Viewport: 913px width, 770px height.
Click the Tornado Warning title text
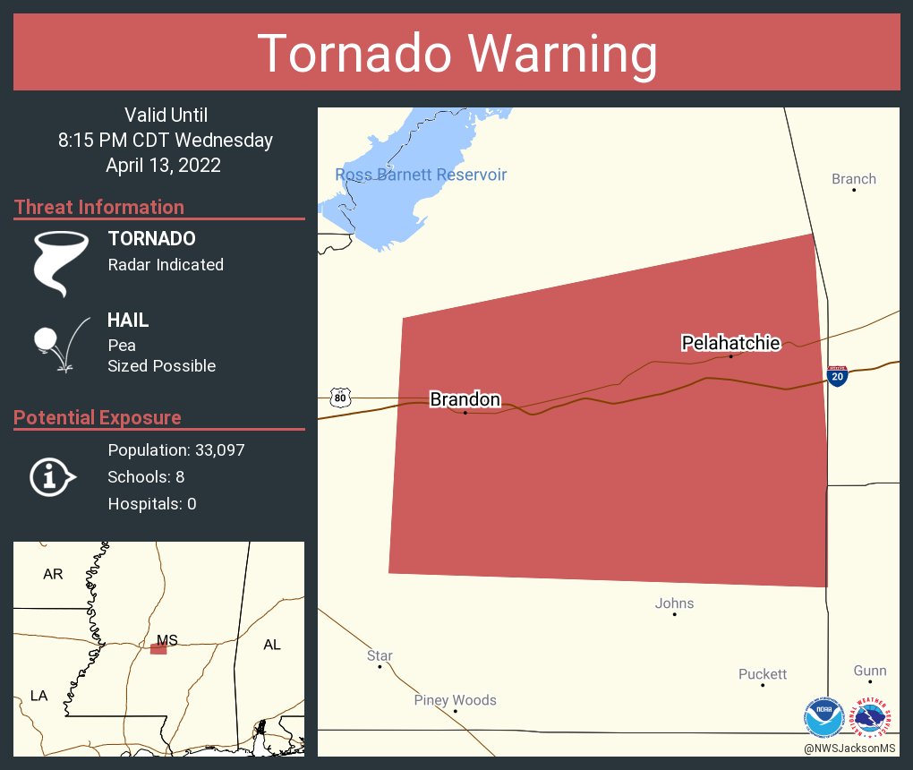tap(456, 54)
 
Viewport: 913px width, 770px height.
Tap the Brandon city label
tap(465, 399)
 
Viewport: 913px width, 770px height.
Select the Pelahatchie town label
tap(730, 343)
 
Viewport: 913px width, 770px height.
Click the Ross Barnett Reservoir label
tap(421, 175)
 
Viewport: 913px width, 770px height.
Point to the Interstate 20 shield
tap(837, 376)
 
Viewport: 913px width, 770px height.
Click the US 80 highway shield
tap(339, 397)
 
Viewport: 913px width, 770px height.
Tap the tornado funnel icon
tap(60, 263)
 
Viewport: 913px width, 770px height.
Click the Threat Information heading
tap(99, 207)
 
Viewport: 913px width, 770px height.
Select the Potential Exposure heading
tap(98, 417)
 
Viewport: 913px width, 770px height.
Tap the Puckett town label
tap(763, 674)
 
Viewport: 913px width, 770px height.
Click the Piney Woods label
tap(455, 700)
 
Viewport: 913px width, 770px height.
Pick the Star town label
tap(380, 656)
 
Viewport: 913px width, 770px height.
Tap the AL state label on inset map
tap(271, 645)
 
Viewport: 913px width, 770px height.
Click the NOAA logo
tap(823, 716)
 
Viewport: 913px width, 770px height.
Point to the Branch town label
tap(853, 179)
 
